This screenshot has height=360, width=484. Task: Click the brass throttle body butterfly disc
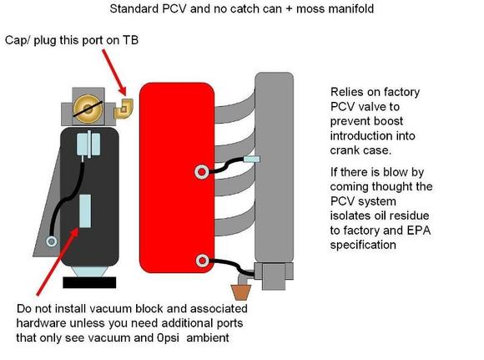point(88,109)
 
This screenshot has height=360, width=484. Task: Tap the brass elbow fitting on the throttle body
point(124,109)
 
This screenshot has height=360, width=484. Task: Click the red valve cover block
point(177,178)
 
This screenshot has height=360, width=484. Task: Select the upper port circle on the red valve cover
point(201,172)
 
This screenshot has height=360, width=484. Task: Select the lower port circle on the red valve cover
point(202,261)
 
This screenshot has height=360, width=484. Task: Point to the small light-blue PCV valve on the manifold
point(251,160)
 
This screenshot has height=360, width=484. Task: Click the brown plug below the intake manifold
point(241,292)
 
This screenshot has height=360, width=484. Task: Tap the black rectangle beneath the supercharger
point(89,282)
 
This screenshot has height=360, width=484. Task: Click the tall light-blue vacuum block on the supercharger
point(85,211)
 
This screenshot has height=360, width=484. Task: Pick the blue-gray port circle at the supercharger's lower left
point(51,241)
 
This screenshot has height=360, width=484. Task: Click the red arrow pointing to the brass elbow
point(114,73)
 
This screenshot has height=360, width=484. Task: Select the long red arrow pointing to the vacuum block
point(58,261)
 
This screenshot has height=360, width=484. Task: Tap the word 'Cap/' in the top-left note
point(18,40)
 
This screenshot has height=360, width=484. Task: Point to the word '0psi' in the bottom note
point(169,337)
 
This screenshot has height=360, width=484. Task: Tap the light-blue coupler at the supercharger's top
point(88,144)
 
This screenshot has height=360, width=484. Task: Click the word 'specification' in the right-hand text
point(363,245)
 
